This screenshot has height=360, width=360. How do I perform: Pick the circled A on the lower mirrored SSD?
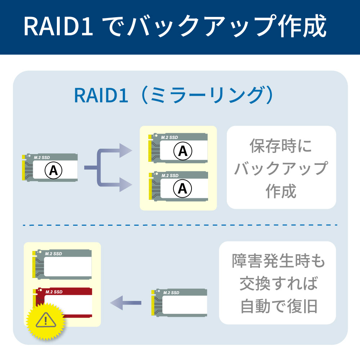click(x=183, y=188)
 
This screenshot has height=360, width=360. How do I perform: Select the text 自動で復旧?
click(x=278, y=307)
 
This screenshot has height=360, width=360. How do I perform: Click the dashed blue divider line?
click(x=180, y=225)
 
